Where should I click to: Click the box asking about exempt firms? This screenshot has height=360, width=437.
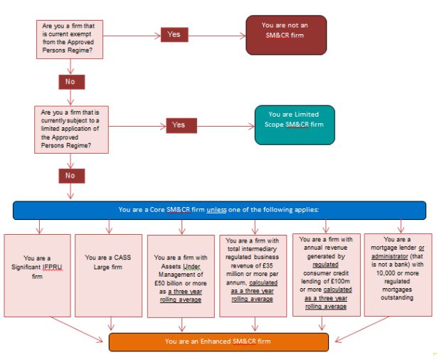click(x=70, y=38)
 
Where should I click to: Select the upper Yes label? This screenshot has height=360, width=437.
click(x=174, y=34)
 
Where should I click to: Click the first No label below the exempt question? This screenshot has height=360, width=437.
click(x=70, y=81)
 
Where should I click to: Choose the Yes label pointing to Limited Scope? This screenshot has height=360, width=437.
click(x=179, y=125)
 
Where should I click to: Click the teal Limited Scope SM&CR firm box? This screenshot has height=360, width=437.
click(x=293, y=125)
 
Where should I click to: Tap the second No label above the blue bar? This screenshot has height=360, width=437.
click(x=70, y=175)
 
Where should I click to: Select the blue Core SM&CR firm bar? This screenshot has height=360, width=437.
click(x=218, y=210)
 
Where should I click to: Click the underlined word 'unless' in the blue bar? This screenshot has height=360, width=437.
click(x=217, y=210)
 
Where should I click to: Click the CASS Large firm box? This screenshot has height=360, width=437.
click(x=108, y=262)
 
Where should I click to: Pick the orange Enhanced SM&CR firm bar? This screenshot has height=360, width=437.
click(x=218, y=342)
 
